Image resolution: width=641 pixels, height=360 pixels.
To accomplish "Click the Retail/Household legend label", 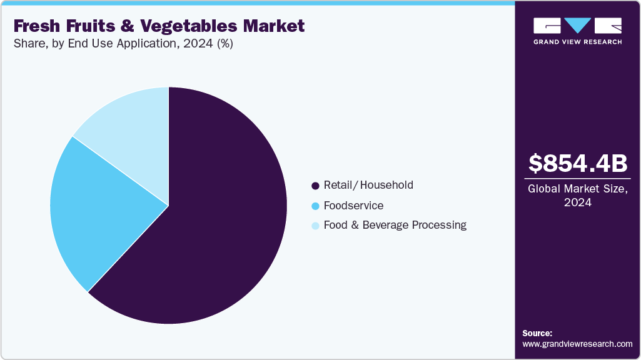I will [368, 185].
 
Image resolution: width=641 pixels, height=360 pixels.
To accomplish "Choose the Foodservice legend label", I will [353, 205].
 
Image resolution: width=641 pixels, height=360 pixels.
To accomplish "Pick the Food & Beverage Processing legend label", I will [395, 225].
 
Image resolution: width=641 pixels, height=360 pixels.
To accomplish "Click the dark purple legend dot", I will [315, 186].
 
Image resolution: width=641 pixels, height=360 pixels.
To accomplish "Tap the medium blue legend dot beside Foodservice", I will [315, 206].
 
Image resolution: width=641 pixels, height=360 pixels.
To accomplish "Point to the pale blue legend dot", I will [315, 226].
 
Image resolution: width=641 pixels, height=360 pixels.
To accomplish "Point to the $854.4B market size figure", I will [577, 164].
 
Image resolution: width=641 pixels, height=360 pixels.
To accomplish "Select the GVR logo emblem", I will [577, 26].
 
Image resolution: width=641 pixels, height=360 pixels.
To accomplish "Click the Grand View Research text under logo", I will [577, 42].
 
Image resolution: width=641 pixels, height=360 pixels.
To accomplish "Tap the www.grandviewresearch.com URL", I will [577, 344].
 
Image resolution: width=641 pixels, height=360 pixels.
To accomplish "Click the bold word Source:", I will [537, 333].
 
